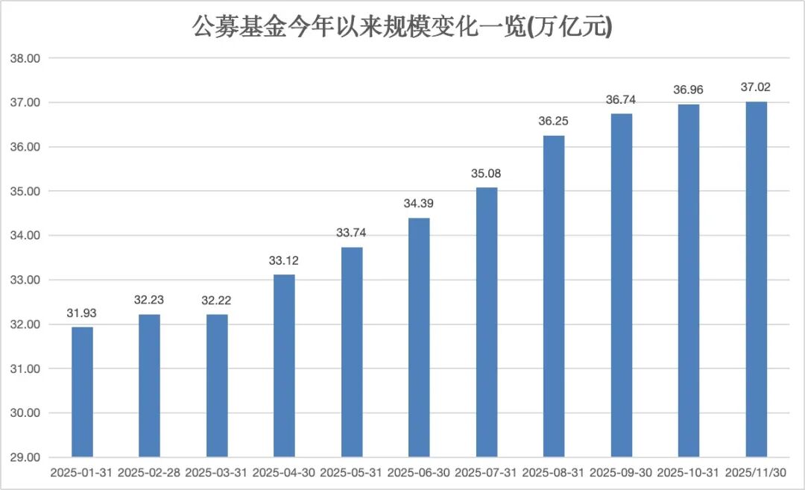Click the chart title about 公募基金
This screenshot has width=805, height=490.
coord(402,28)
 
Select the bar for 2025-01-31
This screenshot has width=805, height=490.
coord(82,392)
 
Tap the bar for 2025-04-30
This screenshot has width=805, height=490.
coord(284,365)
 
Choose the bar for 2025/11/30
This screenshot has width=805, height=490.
coord(757,279)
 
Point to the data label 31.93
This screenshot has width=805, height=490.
coord(82,312)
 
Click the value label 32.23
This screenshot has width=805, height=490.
coord(149,300)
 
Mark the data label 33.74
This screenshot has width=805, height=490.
coord(351,233)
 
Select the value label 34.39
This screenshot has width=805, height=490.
coord(419,204)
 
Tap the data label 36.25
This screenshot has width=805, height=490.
coord(554,121)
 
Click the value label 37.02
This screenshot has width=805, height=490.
coord(757,87)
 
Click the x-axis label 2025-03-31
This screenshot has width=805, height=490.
coord(216,473)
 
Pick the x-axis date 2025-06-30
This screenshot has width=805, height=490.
coord(419,473)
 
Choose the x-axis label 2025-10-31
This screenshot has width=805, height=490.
coord(689,473)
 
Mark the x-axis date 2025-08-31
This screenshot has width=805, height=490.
coord(554,473)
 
